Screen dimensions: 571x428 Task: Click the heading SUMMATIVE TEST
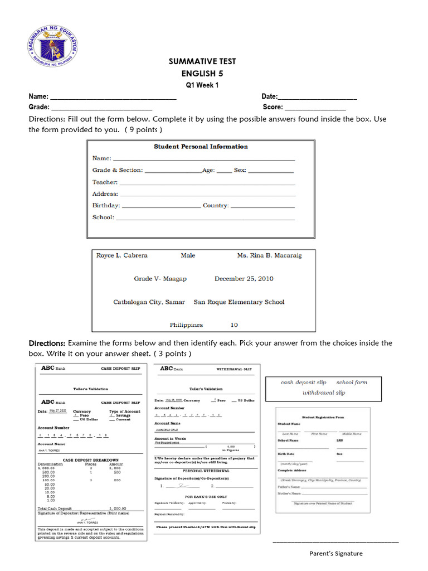[x=194, y=61]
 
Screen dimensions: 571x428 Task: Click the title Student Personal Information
[x=201, y=147]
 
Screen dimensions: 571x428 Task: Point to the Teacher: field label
[x=105, y=182]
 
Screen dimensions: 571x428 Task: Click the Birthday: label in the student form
[x=106, y=206]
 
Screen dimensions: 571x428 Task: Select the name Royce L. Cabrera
[x=122, y=255]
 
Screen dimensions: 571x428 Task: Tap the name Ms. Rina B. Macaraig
[x=269, y=255]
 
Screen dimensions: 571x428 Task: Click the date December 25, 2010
[x=244, y=279]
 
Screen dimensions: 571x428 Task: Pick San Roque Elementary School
[x=239, y=302]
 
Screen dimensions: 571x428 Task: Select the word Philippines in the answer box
[x=186, y=325]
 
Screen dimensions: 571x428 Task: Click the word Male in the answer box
[x=188, y=255]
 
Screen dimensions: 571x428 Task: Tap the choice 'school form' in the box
[x=352, y=383]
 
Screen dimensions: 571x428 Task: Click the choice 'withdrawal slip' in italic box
[x=324, y=393]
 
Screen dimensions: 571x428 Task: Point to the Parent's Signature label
[x=336, y=554]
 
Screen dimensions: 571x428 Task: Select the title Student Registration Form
[x=323, y=417]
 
